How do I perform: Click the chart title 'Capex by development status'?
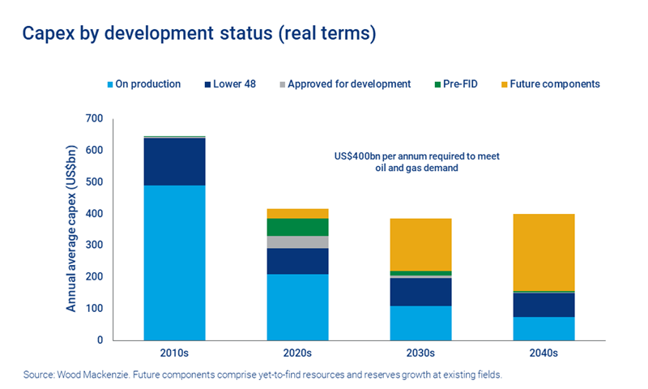pos(199,34)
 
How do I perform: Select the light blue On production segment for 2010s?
pos(174,263)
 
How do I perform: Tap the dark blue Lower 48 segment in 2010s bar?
pos(174,162)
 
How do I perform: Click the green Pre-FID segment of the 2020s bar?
pos(297,227)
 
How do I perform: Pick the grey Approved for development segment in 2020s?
pos(297,242)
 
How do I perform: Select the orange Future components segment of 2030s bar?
pos(420,244)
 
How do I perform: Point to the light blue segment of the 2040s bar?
pos(544,328)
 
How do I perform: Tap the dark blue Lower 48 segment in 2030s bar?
pos(420,292)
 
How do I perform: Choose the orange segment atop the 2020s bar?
pos(297,213)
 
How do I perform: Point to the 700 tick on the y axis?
pos(96,119)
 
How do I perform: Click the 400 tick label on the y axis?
pos(96,214)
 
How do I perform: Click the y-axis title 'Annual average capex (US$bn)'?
pos(72,229)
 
